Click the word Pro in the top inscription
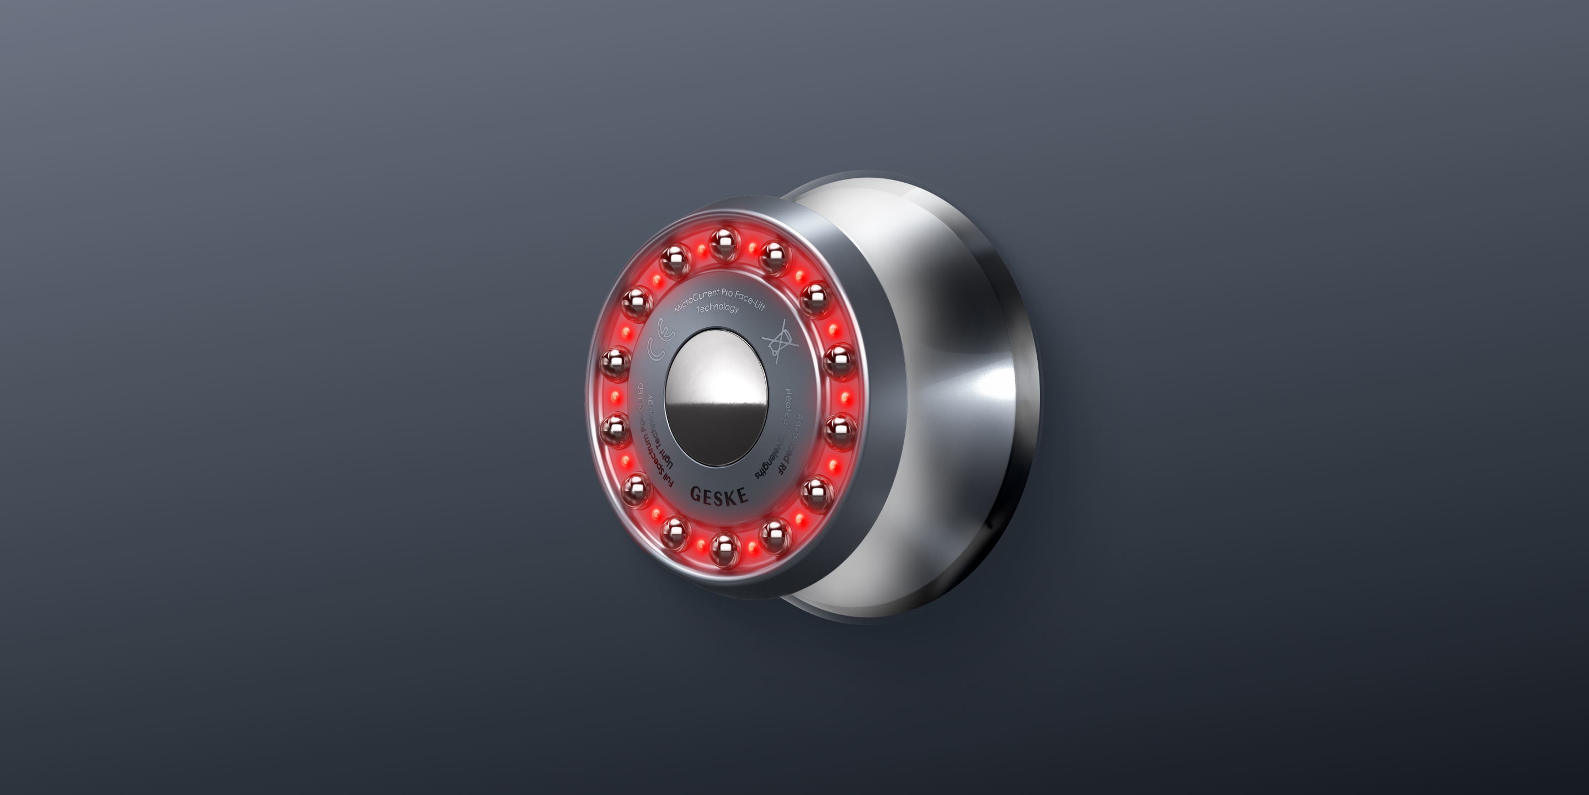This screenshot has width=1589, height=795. (727, 293)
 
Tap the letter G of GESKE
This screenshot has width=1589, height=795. (696, 493)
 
